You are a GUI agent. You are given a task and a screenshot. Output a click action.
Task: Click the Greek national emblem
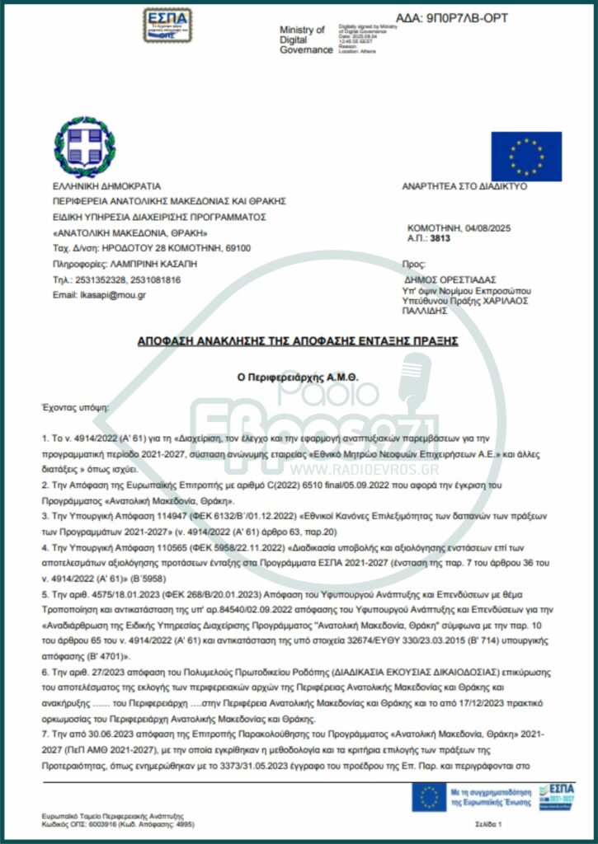79,148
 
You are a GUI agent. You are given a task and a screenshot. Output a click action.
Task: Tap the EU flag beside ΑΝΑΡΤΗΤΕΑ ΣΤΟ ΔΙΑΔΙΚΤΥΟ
526,157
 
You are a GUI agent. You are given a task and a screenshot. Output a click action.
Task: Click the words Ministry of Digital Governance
302,39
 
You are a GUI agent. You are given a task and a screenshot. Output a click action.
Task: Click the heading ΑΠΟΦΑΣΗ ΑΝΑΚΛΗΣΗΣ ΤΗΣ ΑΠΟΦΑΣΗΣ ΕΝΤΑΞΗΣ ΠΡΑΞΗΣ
299,340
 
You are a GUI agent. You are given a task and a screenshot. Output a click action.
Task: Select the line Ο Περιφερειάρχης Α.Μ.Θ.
299,377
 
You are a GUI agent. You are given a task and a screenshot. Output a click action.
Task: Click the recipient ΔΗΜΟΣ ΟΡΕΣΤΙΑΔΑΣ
451,280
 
